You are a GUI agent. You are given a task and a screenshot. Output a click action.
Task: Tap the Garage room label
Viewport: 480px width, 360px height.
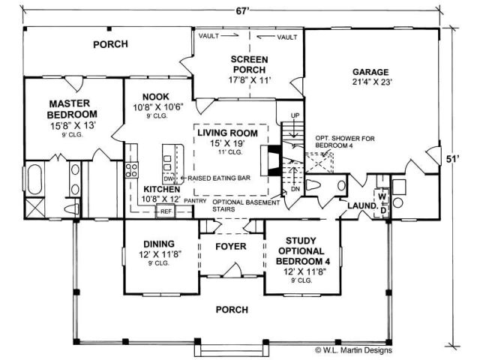[x=373, y=73]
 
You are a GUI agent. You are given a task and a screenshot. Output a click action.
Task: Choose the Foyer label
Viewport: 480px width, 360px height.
[x=231, y=244]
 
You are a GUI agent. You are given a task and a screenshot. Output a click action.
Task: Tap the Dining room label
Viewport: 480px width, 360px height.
[x=157, y=244]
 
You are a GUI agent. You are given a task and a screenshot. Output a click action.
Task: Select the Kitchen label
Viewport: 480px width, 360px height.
[x=161, y=190]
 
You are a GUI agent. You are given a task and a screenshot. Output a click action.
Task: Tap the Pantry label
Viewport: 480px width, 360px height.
[x=194, y=201]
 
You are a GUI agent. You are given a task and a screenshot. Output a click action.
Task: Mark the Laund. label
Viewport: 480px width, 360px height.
[x=360, y=205]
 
